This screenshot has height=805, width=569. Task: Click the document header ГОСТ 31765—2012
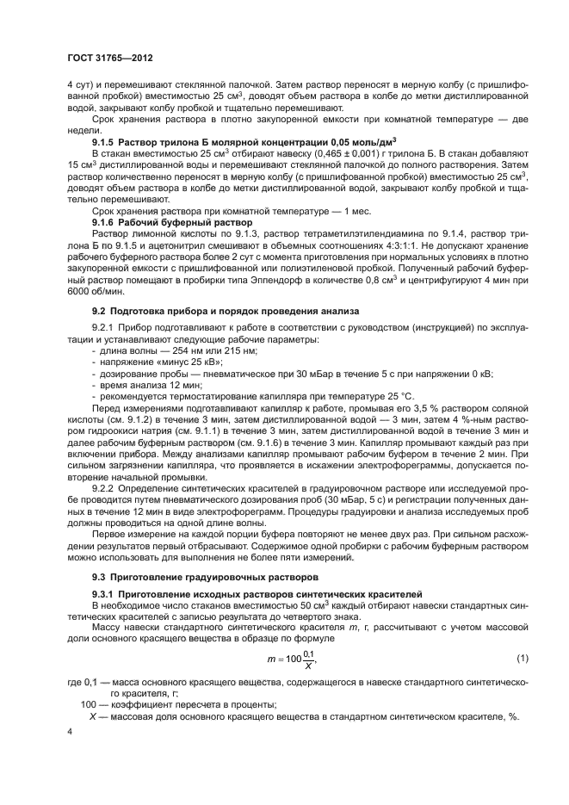114,59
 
